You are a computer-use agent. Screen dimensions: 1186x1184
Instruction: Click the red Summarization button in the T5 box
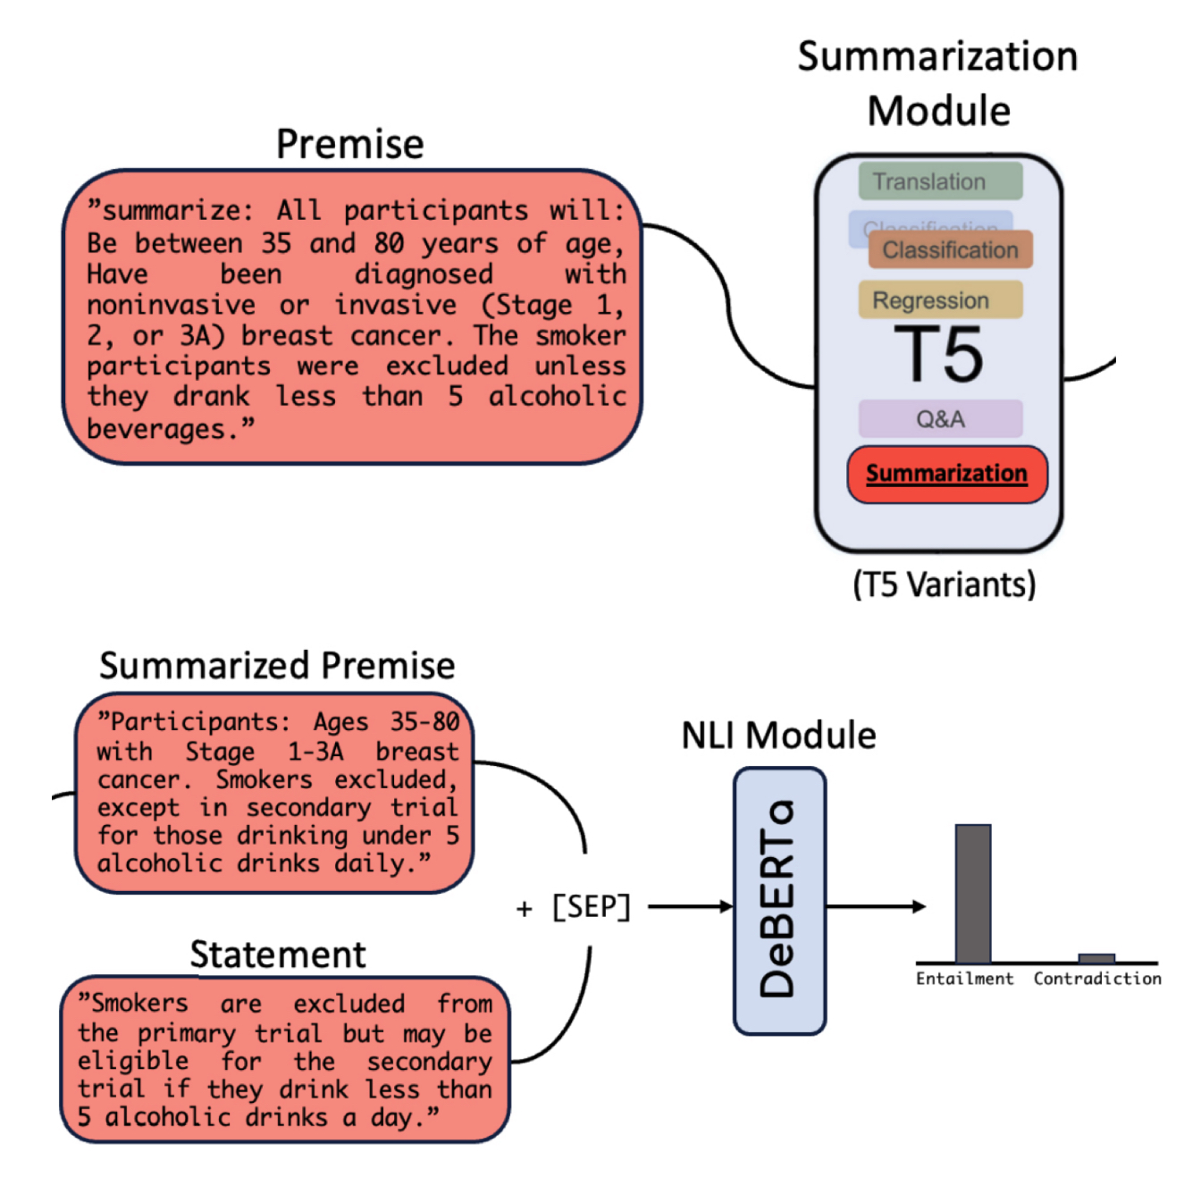point(946,474)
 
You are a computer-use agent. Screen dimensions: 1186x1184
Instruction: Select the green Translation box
point(939,181)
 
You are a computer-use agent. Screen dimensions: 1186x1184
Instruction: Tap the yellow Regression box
point(939,300)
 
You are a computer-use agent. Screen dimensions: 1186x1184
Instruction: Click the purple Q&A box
point(940,418)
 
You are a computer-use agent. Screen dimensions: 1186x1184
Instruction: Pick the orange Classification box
point(950,250)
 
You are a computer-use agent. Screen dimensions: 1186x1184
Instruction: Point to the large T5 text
point(939,355)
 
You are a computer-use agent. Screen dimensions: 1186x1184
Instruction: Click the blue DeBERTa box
point(779,901)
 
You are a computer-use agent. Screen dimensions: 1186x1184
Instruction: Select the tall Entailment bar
point(972,893)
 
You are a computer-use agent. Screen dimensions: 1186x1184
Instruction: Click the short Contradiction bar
point(1096,958)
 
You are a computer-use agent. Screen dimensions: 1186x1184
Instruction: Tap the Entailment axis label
point(964,979)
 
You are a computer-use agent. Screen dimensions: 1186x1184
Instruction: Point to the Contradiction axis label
point(1097,979)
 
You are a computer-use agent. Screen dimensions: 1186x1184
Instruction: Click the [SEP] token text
point(591,907)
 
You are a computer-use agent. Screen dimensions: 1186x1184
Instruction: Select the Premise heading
point(349,144)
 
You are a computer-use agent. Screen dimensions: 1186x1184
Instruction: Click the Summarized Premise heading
point(277,666)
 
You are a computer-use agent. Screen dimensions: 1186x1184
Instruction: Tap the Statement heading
point(278,955)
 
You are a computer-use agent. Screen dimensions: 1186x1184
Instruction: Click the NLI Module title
point(778,736)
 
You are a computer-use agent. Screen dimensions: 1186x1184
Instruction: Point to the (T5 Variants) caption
point(944,585)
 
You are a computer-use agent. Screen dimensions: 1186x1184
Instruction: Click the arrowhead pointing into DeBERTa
point(726,906)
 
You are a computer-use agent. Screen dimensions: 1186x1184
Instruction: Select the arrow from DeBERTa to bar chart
point(876,906)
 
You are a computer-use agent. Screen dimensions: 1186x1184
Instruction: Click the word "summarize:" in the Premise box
point(171,211)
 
